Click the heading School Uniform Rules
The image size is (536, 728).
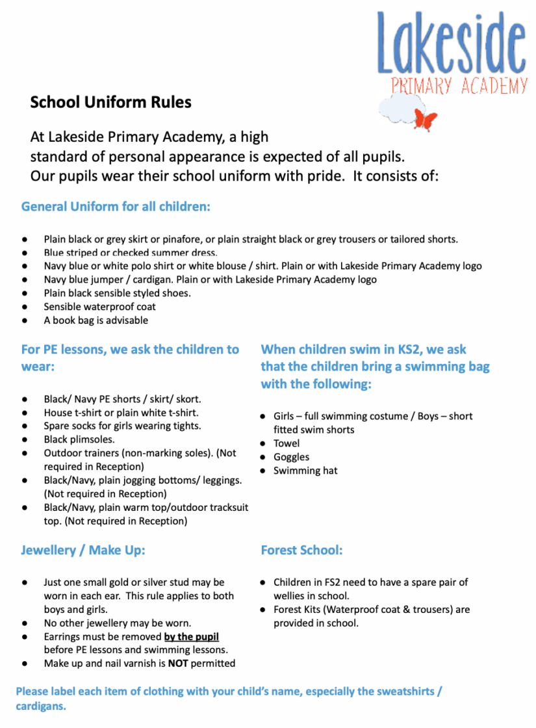click(110, 102)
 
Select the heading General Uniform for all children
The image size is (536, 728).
click(116, 207)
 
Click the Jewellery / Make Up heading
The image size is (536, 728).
click(83, 550)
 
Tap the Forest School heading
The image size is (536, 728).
click(301, 550)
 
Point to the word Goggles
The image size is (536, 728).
click(291, 457)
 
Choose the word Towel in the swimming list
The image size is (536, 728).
click(287, 443)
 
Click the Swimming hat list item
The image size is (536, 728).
click(305, 471)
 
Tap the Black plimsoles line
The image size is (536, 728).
click(79, 439)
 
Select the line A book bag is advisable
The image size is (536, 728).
click(96, 320)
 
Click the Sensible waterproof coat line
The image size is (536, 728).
click(99, 307)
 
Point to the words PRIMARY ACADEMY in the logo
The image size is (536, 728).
click(459, 85)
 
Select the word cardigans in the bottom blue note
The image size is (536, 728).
click(41, 707)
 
